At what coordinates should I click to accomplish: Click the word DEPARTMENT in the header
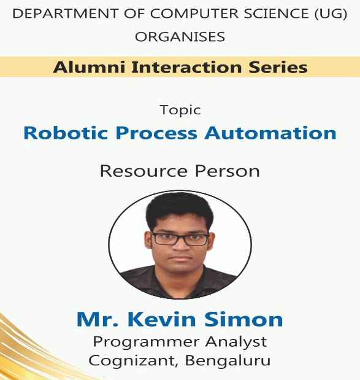pyautogui.click(x=66, y=14)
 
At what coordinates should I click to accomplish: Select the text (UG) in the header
pyautogui.click(x=331, y=14)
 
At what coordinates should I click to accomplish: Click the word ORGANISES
pyautogui.click(x=180, y=37)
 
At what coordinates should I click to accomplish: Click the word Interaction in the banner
pyautogui.click(x=187, y=67)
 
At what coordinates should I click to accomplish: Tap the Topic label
pyautogui.click(x=180, y=111)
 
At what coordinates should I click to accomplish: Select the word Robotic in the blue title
pyautogui.click(x=66, y=133)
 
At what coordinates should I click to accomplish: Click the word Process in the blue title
pyautogui.click(x=156, y=133)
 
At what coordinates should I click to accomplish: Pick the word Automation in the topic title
pyautogui.click(x=270, y=133)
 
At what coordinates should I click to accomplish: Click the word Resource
pyautogui.click(x=144, y=171)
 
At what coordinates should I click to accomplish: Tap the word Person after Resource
pyautogui.click(x=228, y=171)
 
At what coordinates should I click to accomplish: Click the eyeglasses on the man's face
pyautogui.click(x=180, y=239)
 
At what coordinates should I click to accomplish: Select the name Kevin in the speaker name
pyautogui.click(x=164, y=319)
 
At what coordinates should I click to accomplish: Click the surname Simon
pyautogui.click(x=244, y=319)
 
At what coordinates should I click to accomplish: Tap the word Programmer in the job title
pyautogui.click(x=145, y=343)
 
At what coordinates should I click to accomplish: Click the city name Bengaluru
pyautogui.click(x=228, y=361)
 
